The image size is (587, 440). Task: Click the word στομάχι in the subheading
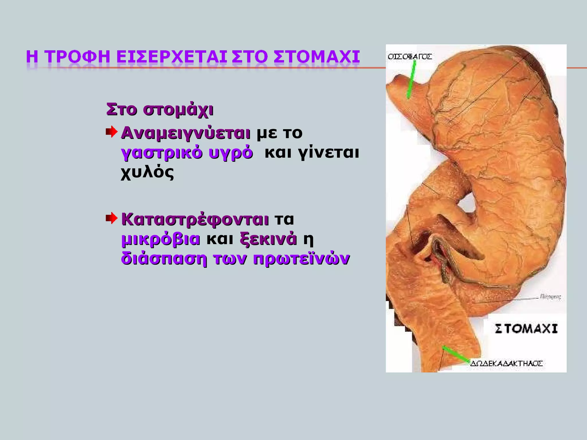(178, 110)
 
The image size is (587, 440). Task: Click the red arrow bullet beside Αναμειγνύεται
(112, 132)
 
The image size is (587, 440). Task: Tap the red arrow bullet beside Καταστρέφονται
(112, 219)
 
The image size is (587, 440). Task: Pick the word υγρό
(231, 153)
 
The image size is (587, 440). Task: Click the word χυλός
(147, 172)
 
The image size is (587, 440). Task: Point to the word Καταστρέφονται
(195, 220)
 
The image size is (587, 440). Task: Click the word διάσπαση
(164, 259)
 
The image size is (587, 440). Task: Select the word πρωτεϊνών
(301, 259)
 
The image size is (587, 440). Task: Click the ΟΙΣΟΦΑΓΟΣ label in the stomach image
(410, 57)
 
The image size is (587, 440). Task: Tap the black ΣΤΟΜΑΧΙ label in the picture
(526, 329)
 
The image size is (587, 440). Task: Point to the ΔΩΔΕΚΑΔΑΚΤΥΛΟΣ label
(506, 364)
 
